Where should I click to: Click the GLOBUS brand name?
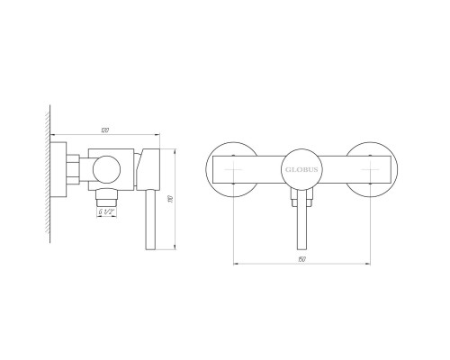point(301,169)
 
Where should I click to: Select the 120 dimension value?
point(105,130)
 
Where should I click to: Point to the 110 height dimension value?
point(171,199)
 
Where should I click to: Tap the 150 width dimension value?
point(301,259)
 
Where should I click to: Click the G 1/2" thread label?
point(106,211)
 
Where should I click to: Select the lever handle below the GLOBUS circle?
point(301,220)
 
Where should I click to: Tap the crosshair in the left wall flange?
point(233,169)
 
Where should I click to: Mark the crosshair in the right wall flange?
point(370,169)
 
